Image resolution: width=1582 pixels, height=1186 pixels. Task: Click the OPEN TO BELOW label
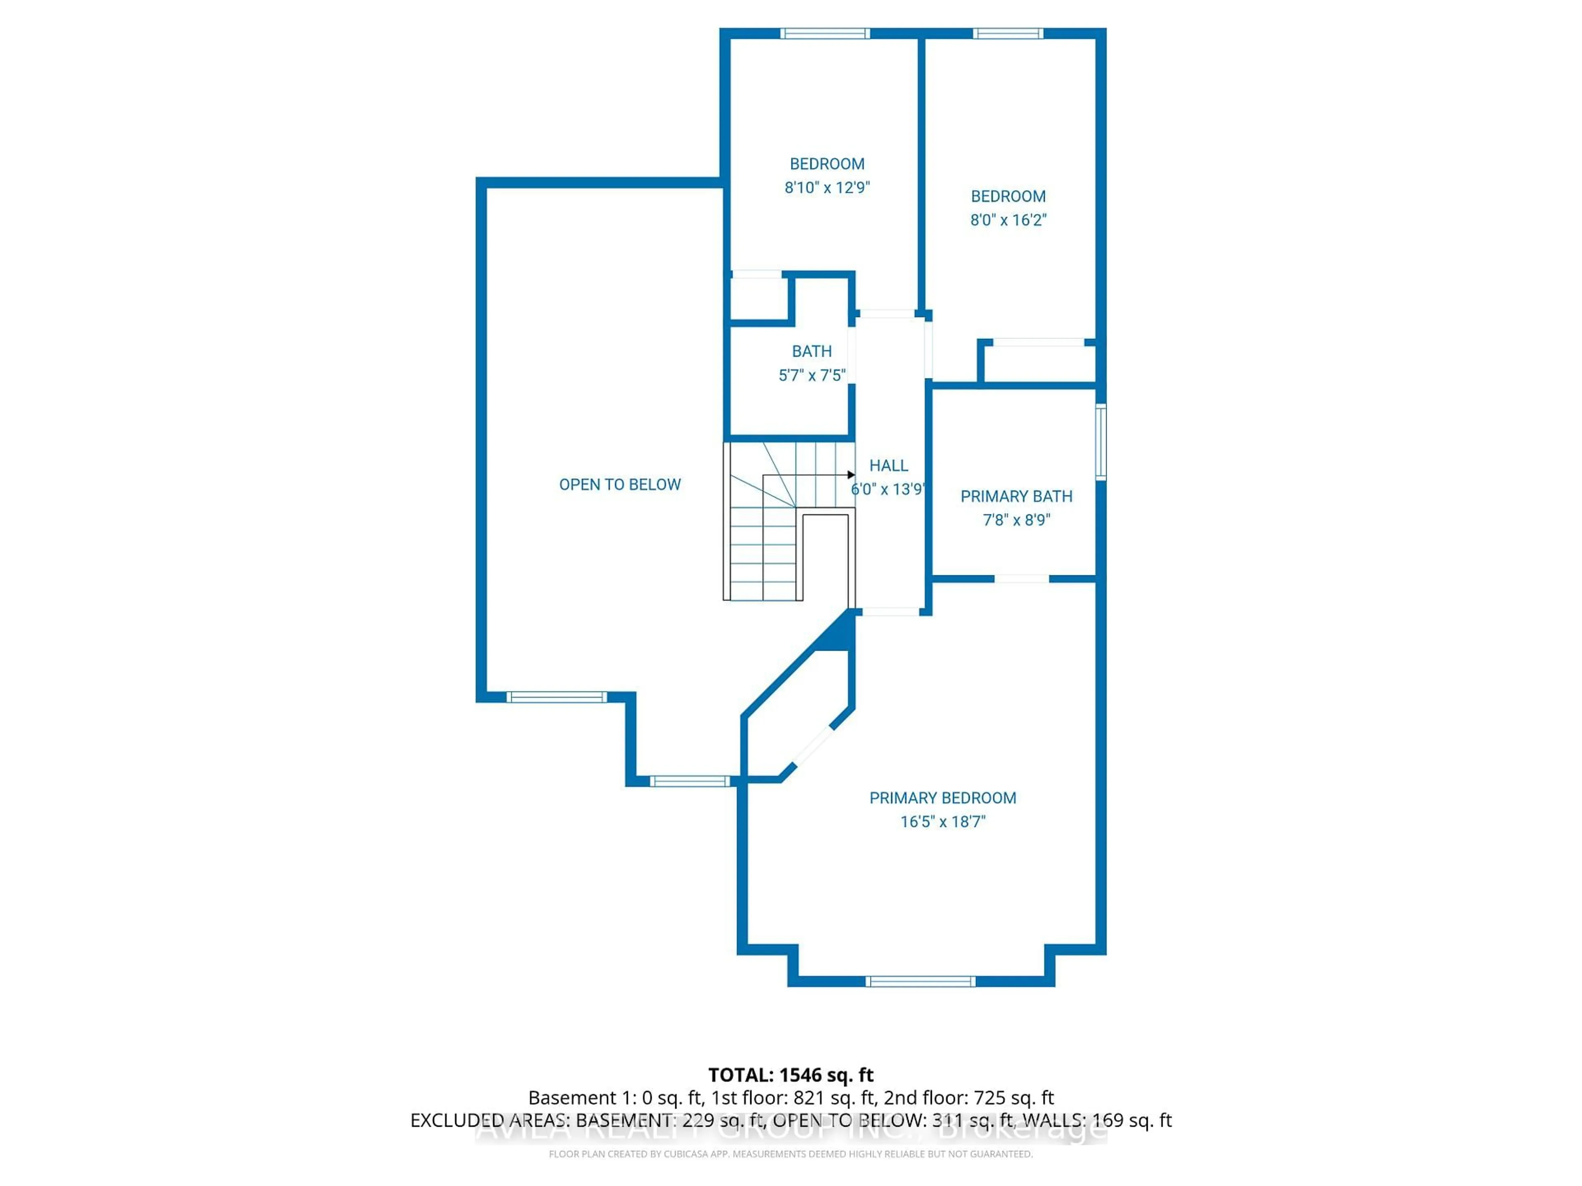pyautogui.click(x=619, y=485)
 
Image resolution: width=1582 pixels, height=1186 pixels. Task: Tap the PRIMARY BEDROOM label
pyautogui.click(x=942, y=798)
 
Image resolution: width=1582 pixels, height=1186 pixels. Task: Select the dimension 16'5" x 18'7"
pyautogui.click(x=942, y=822)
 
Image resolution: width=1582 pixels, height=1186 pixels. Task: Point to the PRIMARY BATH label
pyautogui.click(x=1016, y=496)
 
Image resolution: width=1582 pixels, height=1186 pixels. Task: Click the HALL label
pyautogui.click(x=888, y=465)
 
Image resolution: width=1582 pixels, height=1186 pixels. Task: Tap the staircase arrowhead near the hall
pyautogui.click(x=851, y=475)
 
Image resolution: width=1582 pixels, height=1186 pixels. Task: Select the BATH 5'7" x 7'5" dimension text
pyautogui.click(x=812, y=375)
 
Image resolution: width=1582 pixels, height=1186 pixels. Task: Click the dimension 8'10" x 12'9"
pyautogui.click(x=827, y=187)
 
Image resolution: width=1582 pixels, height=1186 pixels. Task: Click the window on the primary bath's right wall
pyautogui.click(x=1101, y=441)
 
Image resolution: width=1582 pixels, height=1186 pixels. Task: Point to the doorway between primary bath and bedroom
pyautogui.click(x=1021, y=578)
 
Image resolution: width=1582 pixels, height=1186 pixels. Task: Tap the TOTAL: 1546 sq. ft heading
pyautogui.click(x=790, y=1075)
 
